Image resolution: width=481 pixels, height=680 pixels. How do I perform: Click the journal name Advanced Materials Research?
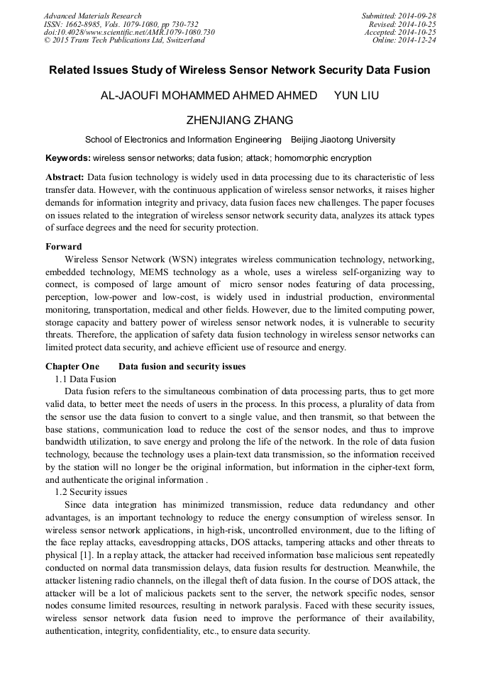pos(92,16)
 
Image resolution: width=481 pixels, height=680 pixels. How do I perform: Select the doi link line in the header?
pos(129,32)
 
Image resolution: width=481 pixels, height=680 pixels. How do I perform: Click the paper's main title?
pos(240,70)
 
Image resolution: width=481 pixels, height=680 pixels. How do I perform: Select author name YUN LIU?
pos(356,96)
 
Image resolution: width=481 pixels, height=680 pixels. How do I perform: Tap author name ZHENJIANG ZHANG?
pos(240,120)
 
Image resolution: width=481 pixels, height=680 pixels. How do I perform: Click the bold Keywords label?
pos(67,158)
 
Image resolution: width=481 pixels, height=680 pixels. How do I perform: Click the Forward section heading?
pos(63,247)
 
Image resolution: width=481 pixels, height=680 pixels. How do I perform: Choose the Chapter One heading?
pos(72,367)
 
